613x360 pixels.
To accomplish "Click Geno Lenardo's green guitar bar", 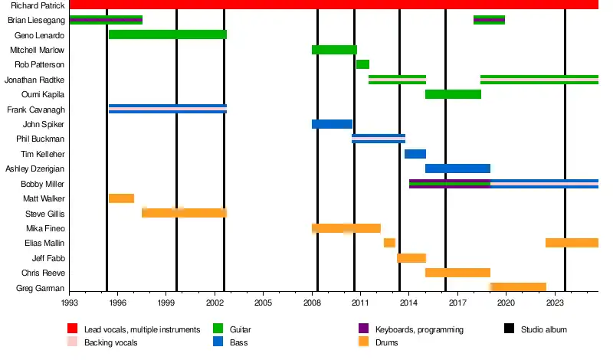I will [x=167, y=34].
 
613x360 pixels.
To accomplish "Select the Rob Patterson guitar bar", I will [x=362, y=64].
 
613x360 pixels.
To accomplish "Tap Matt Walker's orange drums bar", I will [x=121, y=198].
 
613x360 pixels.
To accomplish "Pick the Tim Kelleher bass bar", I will [x=415, y=154].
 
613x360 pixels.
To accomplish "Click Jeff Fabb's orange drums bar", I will [x=411, y=258].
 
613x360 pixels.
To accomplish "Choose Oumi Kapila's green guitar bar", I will [x=453, y=94].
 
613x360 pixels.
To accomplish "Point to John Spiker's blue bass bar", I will [x=332, y=124].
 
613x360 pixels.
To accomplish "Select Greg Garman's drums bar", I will [x=518, y=287].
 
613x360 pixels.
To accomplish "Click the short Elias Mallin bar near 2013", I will [x=389, y=243].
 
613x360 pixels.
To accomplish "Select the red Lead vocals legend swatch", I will [x=73, y=329].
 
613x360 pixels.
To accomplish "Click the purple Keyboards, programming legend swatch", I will [x=364, y=329].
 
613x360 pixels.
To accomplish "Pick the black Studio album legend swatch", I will [x=509, y=329].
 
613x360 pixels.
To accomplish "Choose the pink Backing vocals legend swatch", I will [x=73, y=342].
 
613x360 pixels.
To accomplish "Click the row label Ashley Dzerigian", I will [x=35, y=169].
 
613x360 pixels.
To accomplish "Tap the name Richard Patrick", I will [x=38, y=5].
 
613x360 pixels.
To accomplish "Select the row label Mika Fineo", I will [x=45, y=228].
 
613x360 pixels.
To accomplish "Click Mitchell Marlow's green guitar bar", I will [x=334, y=50].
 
